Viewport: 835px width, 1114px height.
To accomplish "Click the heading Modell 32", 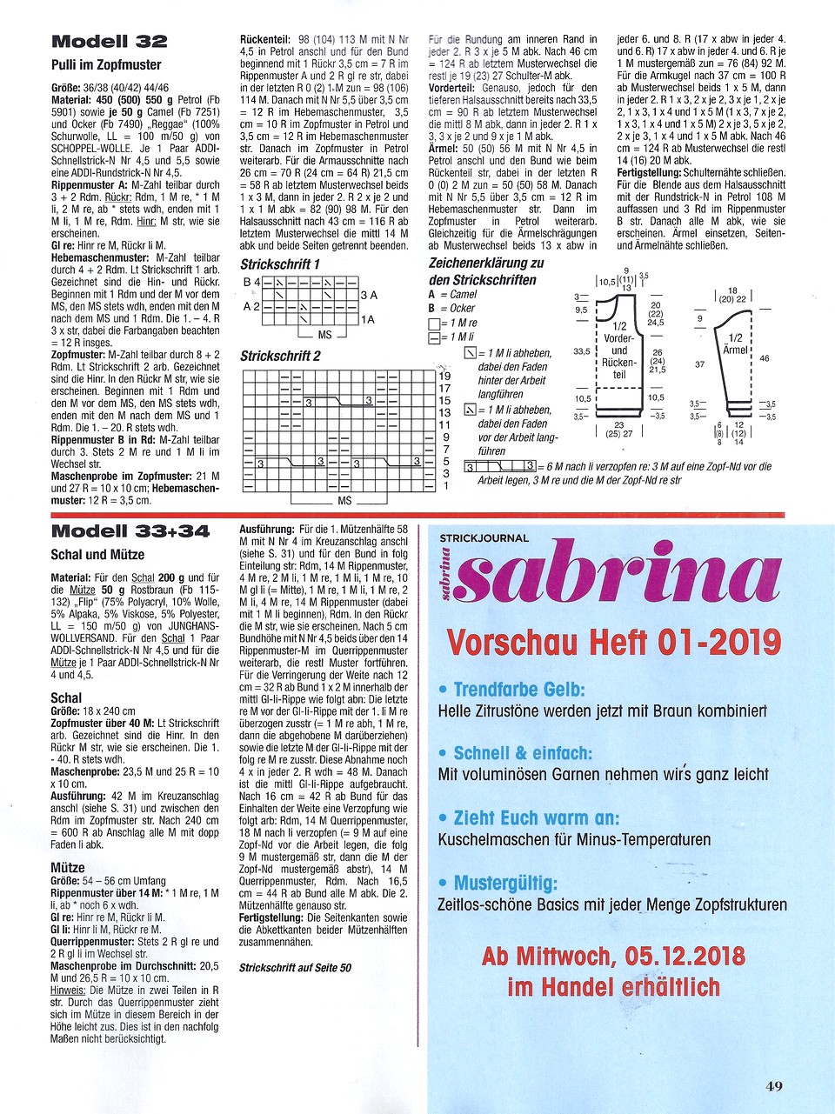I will [x=110, y=42].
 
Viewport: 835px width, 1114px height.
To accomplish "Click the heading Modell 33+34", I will [x=130, y=531].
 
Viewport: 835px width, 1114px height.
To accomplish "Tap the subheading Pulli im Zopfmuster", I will [x=106, y=65].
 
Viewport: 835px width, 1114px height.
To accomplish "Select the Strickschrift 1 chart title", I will [x=280, y=264].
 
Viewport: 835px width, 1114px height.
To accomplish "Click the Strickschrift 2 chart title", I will [x=280, y=356].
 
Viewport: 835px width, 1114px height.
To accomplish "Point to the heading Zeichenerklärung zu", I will [x=486, y=263].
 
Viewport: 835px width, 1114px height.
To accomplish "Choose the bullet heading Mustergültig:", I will [x=505, y=884].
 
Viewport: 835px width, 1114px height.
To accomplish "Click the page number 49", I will [x=774, y=1085].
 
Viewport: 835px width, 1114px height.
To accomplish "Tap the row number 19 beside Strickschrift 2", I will [x=444, y=377].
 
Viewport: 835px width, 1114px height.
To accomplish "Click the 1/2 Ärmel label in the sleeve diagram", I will [x=735, y=344].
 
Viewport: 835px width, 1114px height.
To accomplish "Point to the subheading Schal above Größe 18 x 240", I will [x=66, y=697].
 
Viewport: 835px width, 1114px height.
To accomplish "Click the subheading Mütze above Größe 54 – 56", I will [x=68, y=867].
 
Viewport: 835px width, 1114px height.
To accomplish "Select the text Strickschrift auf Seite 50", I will [x=296, y=967].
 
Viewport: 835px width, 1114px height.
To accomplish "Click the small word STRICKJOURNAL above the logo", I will [x=484, y=538].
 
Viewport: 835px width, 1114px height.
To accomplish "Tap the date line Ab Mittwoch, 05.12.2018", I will [x=613, y=957].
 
